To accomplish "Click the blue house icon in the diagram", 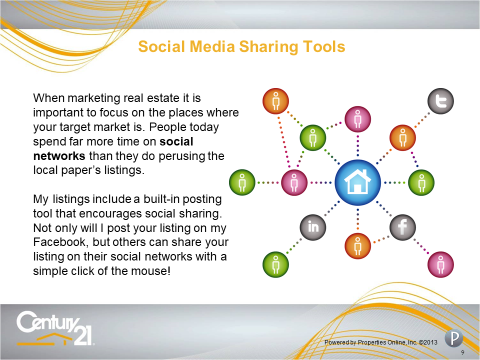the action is (357, 182).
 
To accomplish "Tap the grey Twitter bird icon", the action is (440, 101).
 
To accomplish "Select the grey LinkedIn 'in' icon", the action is (313, 227).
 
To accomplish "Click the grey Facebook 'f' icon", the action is (402, 227).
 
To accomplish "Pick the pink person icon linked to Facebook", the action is (440, 264).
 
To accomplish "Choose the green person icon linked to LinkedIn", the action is (275, 264).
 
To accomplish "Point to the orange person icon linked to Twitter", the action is (402, 138).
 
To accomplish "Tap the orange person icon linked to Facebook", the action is (357, 246).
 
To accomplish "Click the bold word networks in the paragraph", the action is (59, 156).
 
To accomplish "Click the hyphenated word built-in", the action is (161, 199).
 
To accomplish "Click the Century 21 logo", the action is (55, 328).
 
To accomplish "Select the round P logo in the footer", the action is (453, 338).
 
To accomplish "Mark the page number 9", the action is (462, 352).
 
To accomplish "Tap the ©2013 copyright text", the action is (428, 342).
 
